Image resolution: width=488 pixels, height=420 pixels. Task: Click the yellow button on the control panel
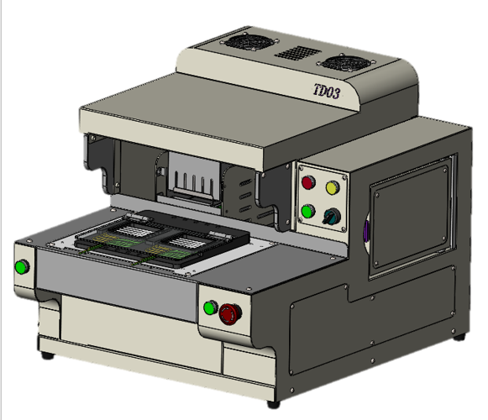[x=333, y=186]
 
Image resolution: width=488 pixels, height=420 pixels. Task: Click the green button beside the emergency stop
[x=209, y=307]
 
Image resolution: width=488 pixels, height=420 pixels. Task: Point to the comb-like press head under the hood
[x=192, y=183]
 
